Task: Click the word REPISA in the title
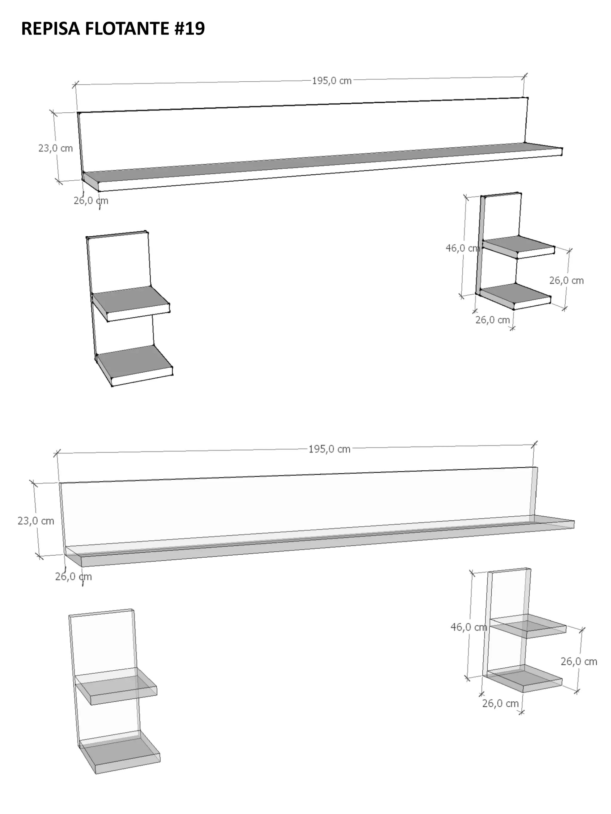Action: click(x=50, y=28)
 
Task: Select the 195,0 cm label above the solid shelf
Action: click(x=331, y=80)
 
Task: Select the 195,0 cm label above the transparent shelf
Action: click(x=329, y=449)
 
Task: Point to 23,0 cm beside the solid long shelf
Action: click(x=55, y=148)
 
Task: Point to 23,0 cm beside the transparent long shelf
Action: click(x=36, y=521)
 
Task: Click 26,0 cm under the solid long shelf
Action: click(x=91, y=201)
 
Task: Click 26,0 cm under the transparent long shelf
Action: click(x=73, y=576)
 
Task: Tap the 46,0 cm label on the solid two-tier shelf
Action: click(x=463, y=248)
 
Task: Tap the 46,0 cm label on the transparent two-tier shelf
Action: click(x=469, y=627)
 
